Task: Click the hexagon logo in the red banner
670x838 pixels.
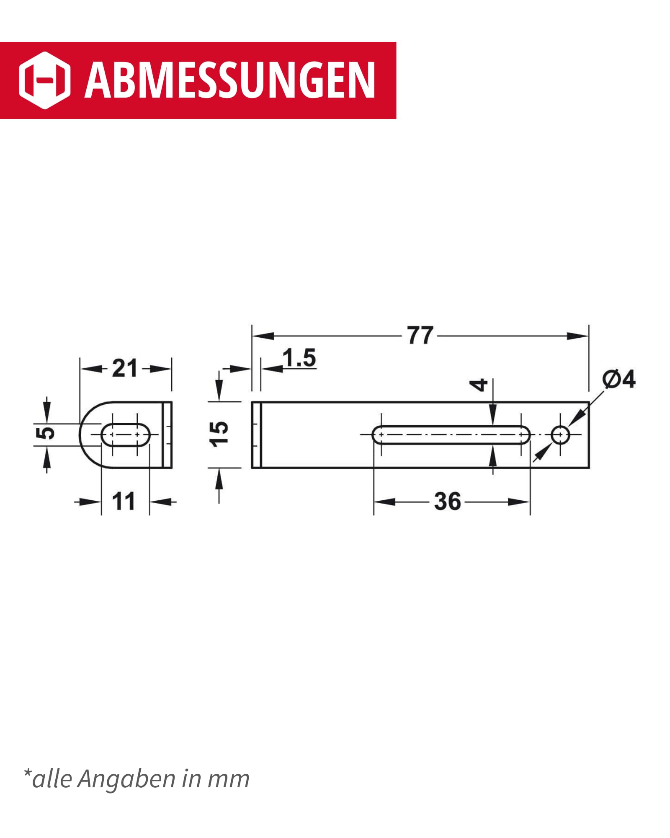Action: (x=45, y=80)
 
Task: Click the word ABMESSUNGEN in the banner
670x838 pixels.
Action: (x=230, y=80)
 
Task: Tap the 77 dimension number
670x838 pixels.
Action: (x=420, y=336)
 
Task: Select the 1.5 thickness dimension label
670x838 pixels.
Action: (x=299, y=358)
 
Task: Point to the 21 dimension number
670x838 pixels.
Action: (x=125, y=369)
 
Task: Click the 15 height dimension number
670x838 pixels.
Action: (x=219, y=434)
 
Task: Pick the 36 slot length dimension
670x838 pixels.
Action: (x=447, y=501)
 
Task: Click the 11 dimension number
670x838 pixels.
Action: (x=124, y=501)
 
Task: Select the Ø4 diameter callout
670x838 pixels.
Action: (x=619, y=379)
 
